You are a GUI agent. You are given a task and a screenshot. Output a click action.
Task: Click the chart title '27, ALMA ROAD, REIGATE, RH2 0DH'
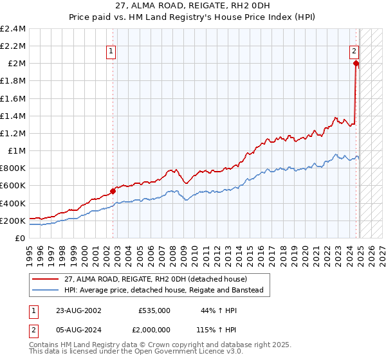click(193, 6)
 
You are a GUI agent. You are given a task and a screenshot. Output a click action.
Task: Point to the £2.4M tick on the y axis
click(13, 29)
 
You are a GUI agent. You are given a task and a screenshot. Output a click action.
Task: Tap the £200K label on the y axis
click(13, 221)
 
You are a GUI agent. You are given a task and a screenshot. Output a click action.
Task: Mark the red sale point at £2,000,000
click(355, 64)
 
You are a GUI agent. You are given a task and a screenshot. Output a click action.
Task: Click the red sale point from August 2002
click(113, 191)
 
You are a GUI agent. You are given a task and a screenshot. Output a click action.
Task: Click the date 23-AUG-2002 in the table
click(75, 310)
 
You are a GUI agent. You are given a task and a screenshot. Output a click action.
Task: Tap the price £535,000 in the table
click(154, 310)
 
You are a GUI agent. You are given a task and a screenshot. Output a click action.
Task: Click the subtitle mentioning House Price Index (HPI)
click(193, 17)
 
